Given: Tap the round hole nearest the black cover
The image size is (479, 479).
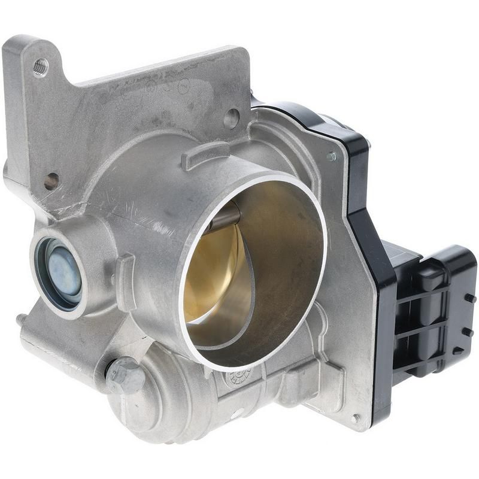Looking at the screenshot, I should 231,118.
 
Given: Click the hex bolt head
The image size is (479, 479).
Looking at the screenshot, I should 124,374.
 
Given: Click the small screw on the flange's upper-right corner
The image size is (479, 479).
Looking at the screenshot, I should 331,157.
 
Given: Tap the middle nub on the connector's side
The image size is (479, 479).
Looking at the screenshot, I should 468,331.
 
